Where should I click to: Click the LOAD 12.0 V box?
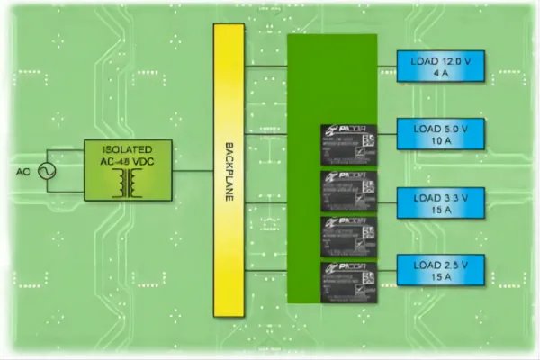[x=440, y=66]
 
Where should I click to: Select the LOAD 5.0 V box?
[x=440, y=133]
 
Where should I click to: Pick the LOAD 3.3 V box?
[x=440, y=200]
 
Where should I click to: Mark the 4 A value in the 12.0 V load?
[x=440, y=74]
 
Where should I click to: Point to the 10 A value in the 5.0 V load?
[x=440, y=141]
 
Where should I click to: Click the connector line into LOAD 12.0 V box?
[x=386, y=66]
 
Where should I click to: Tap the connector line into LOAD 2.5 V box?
[x=386, y=267]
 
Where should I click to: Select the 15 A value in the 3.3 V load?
[x=440, y=208]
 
